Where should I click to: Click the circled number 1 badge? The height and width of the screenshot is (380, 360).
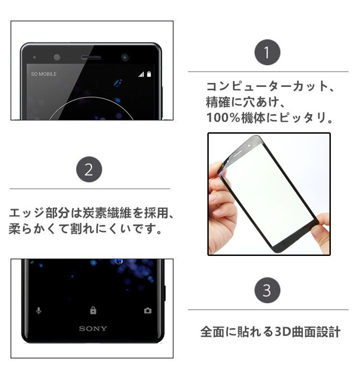coord(267,52)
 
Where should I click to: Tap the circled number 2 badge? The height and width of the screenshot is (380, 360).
coord(89,169)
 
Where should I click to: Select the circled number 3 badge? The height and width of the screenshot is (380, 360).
coord(267,290)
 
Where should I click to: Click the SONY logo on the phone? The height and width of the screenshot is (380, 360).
coord(93,328)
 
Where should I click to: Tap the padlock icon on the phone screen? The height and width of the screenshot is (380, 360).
coord(93,310)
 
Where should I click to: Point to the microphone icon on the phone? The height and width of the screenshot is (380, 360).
coord(38,311)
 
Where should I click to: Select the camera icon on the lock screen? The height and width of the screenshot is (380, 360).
coord(148,311)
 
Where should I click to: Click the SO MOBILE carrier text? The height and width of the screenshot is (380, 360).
coord(44,74)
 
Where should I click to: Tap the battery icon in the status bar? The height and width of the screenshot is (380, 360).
coord(149,74)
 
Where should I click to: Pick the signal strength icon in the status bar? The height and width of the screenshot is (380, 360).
coord(141,74)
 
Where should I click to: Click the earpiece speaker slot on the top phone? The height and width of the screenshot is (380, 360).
coord(91,57)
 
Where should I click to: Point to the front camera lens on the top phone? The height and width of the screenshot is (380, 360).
coord(125,57)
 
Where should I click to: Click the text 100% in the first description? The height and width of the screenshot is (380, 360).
coord(223,118)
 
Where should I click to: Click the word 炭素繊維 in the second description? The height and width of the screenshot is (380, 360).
coord(107,213)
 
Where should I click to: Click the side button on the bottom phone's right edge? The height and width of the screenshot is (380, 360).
coord(165,293)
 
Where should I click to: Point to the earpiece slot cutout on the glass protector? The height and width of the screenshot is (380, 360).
coord(238,154)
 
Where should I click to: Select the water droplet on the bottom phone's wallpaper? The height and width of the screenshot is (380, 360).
coord(119,261)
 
